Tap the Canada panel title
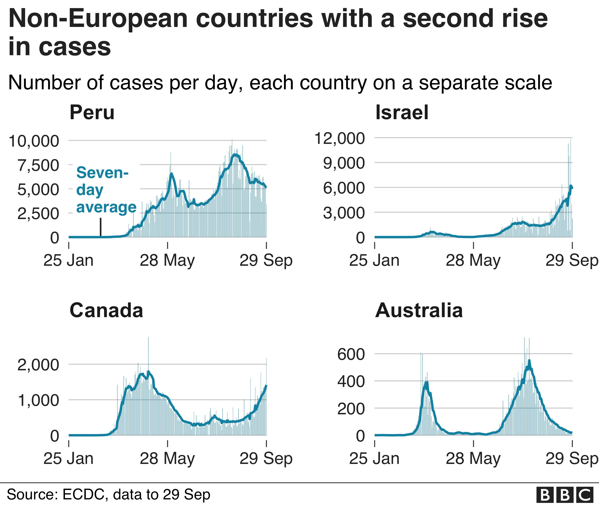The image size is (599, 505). tap(106, 311)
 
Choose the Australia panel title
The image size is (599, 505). tap(419, 311)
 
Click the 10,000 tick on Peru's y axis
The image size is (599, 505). tap(34, 141)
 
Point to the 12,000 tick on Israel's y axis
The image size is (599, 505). tap(340, 138)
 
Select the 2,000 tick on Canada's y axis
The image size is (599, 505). tap(38, 365)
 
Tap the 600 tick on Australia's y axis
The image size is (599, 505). tap(351, 354)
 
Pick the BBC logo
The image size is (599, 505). tap(564, 495)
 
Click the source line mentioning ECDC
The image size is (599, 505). tap(108, 494)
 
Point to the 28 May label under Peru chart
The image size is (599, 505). tap(167, 261)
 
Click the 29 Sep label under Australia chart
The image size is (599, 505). tap(571, 459)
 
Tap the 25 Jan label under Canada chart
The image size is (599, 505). tap(69, 459)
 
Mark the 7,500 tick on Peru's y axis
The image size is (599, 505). tap(38, 165)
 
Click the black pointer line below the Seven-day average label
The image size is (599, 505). tap(101, 227)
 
